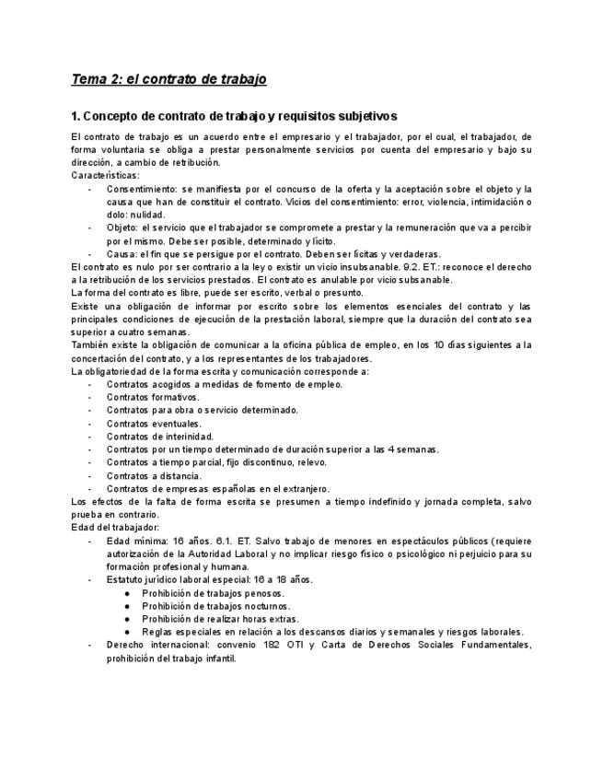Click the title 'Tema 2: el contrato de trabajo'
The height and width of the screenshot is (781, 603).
pyautogui.click(x=169, y=79)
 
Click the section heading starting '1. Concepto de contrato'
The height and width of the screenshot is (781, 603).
pyautogui.click(x=234, y=116)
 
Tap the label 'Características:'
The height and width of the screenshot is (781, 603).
pyautogui.click(x=105, y=174)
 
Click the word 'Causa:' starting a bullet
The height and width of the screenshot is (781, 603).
pyautogui.click(x=122, y=253)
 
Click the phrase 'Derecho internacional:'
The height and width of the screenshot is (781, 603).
pyautogui.click(x=157, y=646)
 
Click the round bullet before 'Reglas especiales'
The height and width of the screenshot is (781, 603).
pyautogui.click(x=127, y=633)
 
